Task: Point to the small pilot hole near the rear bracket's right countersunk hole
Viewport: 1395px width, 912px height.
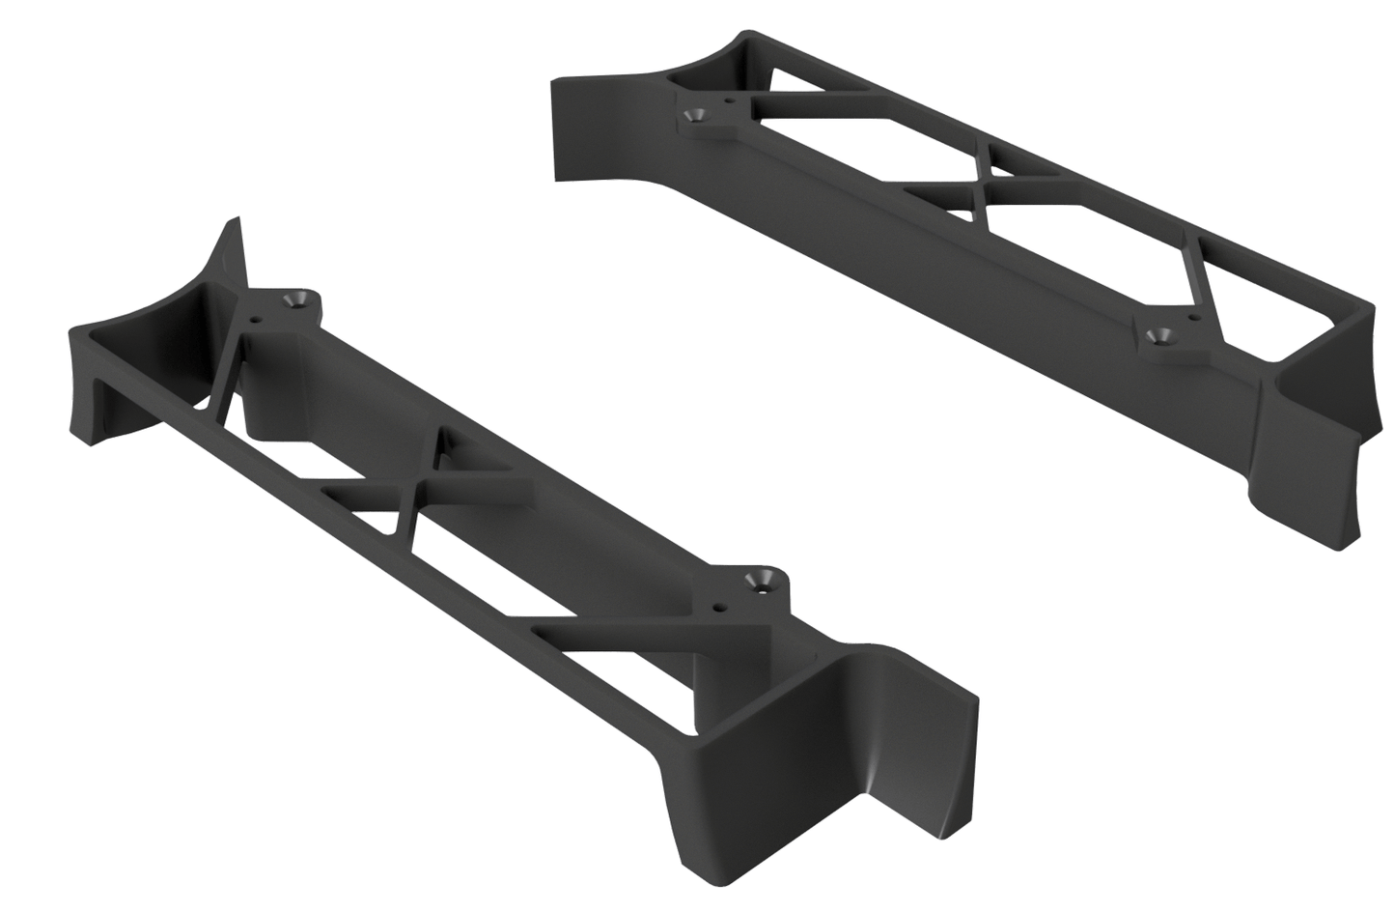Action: (x=1195, y=317)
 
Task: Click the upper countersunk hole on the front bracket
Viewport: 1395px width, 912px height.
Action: (x=296, y=301)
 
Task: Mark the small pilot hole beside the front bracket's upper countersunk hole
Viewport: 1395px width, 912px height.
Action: (x=256, y=317)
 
